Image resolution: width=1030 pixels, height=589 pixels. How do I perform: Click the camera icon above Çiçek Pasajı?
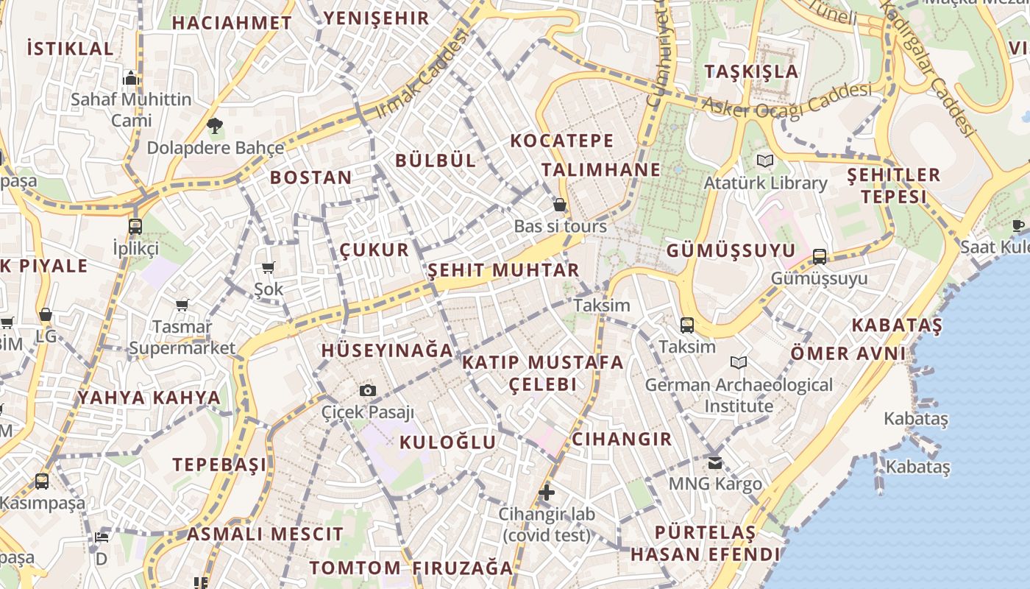click(368, 390)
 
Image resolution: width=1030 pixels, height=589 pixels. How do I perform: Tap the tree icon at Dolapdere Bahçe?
click(215, 126)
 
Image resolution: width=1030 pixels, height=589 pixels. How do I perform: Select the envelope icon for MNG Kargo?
click(714, 462)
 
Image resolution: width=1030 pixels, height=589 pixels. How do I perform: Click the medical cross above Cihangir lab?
click(547, 492)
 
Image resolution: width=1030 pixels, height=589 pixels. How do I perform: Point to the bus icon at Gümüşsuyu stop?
click(819, 257)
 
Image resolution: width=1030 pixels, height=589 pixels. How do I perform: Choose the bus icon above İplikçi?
click(135, 227)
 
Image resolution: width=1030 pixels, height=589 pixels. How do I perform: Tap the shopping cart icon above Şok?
click(268, 268)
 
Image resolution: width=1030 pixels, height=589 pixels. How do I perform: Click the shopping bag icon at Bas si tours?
click(560, 205)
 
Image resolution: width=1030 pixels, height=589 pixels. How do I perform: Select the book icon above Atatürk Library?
click(765, 161)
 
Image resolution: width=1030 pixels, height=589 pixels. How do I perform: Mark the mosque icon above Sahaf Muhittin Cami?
click(131, 78)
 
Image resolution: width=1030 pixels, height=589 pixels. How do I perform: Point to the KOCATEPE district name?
click(562, 140)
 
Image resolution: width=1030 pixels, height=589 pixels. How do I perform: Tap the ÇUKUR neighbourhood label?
click(374, 250)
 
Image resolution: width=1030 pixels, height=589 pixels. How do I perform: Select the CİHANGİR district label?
click(622, 440)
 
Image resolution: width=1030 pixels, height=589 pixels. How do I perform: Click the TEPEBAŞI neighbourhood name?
click(220, 465)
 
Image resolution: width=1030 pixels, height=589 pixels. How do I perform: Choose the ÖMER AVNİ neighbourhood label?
click(848, 353)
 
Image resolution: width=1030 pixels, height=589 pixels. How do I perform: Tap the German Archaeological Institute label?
click(739, 395)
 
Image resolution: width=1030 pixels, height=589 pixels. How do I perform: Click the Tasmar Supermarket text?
click(182, 337)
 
